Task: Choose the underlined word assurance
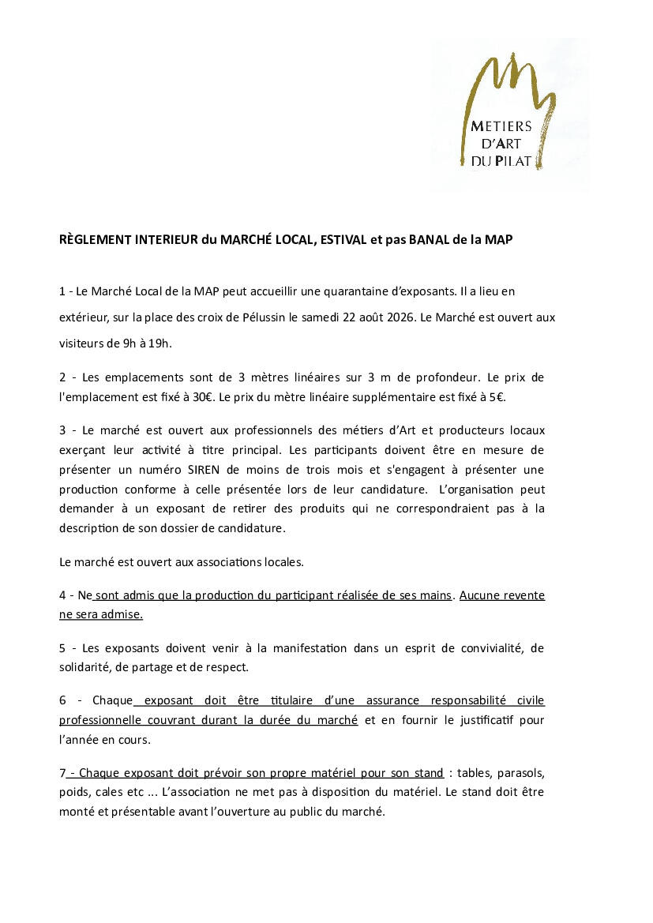coord(392,700)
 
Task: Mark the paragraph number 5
coord(62,648)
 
